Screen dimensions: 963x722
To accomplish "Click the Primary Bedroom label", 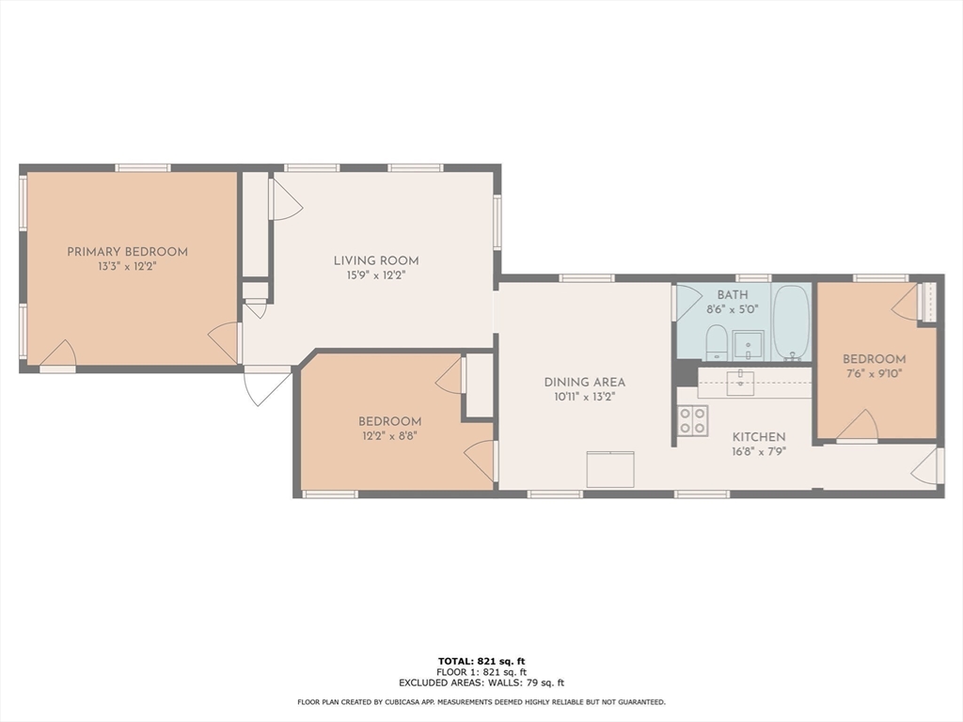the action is point(127,252).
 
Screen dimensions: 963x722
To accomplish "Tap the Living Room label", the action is point(376,261).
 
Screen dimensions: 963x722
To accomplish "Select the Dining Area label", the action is point(585,383).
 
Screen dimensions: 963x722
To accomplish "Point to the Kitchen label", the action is point(759,437).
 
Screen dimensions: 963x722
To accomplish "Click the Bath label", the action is point(733,295).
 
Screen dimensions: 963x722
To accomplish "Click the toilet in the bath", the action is point(716,343).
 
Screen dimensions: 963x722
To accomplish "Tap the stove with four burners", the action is point(693,420).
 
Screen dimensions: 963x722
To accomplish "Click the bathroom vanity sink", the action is point(748,346).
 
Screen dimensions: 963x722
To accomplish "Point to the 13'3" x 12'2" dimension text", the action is point(127,267).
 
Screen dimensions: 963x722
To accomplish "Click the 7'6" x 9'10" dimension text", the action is point(874,373).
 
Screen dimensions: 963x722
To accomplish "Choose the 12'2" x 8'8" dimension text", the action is point(390,436).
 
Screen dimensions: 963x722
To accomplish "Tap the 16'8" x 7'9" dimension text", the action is point(759,452).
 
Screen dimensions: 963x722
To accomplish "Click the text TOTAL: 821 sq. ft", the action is point(481,661).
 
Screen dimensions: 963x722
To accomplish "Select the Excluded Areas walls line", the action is point(481,683).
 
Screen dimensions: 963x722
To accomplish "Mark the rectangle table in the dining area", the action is point(609,469).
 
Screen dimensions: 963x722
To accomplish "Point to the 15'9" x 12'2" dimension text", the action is point(376,275).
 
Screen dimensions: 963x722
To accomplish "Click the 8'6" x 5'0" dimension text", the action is point(733,309).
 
